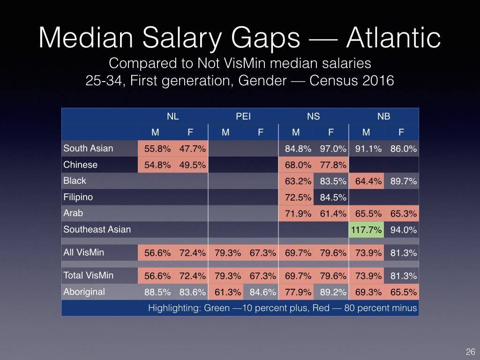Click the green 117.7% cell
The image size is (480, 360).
366,230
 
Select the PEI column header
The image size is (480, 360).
243,116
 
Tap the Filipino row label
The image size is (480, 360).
78,197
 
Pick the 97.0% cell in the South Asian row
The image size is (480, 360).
331,149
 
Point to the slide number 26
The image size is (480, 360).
470,352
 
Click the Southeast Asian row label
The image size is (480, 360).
97,229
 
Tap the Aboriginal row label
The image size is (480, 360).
84,292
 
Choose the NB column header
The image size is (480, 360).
384,116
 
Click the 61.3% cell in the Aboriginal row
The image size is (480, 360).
225,292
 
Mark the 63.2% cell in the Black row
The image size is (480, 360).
296,181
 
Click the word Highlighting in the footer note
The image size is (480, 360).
171,308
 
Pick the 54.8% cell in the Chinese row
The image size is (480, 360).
156,165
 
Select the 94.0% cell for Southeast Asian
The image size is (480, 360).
401,230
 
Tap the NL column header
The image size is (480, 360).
173,116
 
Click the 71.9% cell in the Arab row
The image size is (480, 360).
296,214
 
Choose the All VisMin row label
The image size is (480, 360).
84,253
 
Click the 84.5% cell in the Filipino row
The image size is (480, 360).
331,197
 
